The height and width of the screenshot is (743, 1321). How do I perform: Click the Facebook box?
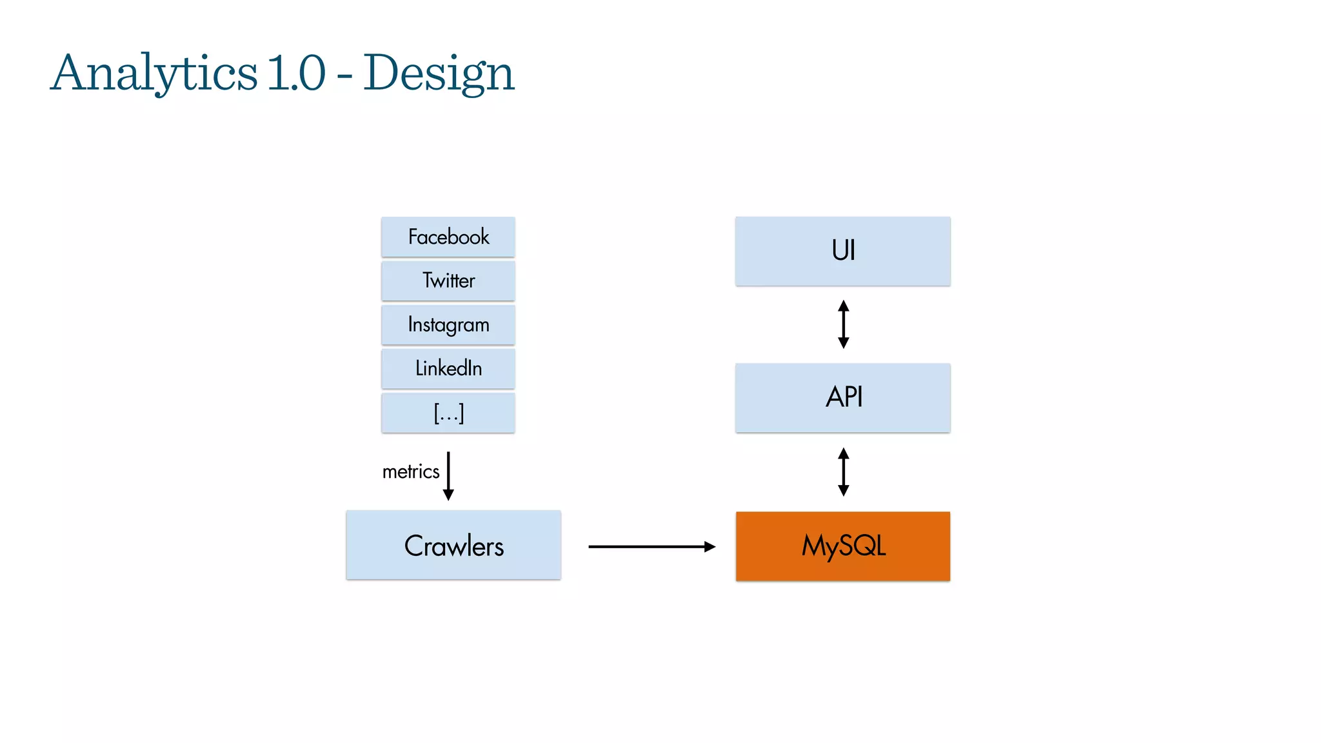(x=448, y=237)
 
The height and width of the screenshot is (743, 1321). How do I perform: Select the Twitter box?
(x=448, y=281)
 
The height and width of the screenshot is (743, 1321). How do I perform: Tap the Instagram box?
(x=448, y=324)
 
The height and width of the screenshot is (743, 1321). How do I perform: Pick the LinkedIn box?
(x=448, y=368)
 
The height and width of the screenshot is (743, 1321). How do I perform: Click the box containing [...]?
(x=448, y=413)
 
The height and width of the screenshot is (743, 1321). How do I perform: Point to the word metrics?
(x=411, y=471)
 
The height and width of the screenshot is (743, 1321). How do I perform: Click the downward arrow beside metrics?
(x=448, y=476)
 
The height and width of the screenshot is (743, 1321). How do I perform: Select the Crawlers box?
(x=453, y=546)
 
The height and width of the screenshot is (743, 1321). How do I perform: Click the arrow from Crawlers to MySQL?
(x=651, y=547)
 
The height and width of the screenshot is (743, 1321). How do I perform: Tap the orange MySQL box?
(x=843, y=546)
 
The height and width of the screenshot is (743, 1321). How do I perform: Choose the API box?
(x=843, y=397)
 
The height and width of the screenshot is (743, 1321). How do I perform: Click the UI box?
(x=843, y=251)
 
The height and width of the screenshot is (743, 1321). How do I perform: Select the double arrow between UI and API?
(x=843, y=324)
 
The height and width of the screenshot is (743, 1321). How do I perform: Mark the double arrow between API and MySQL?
(x=843, y=471)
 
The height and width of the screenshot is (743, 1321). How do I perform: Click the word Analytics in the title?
(x=154, y=73)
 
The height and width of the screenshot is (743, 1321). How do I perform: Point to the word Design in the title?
(x=439, y=73)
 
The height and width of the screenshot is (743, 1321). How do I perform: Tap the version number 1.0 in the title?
(x=296, y=73)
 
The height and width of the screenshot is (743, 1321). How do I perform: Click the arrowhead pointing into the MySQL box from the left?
(x=710, y=547)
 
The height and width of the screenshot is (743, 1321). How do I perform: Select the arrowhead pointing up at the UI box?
(x=843, y=305)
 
